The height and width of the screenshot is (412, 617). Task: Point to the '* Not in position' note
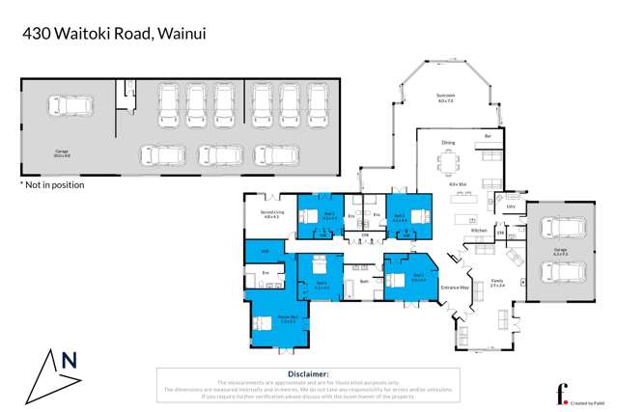(52, 184)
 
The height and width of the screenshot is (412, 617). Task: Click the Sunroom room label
(444, 96)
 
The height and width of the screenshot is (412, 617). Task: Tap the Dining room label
(448, 143)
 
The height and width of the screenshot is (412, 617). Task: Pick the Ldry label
(509, 206)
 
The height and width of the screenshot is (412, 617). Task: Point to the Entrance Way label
(455, 288)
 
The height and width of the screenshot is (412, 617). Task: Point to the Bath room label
(363, 281)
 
